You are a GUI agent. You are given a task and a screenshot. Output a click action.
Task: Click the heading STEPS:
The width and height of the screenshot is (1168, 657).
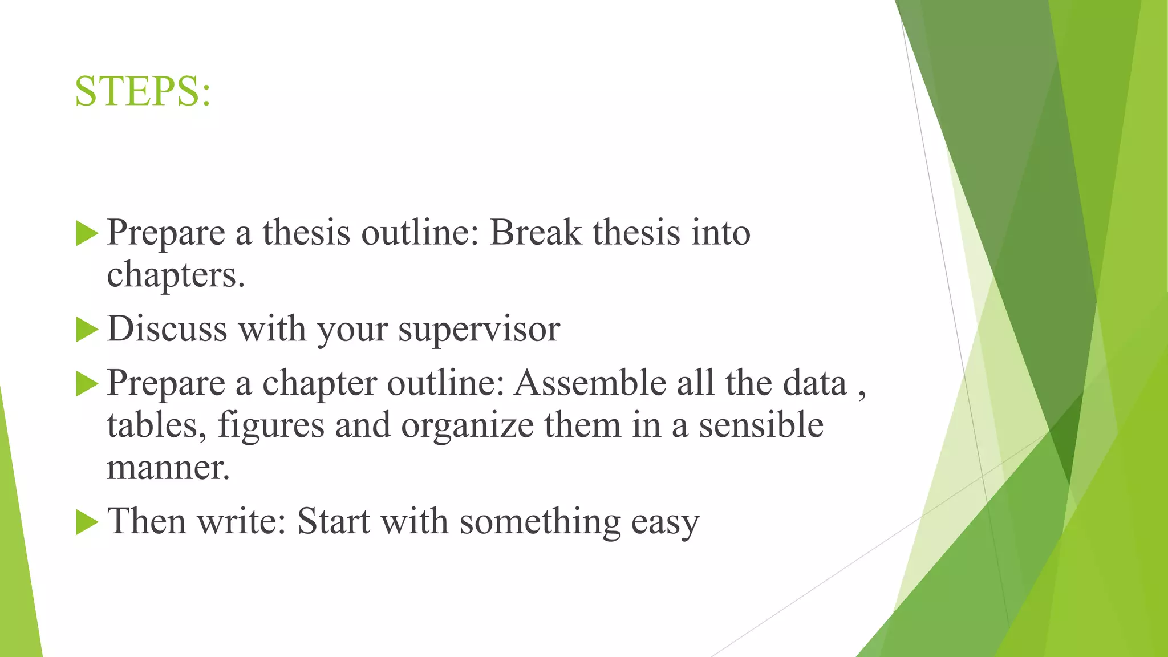(143, 91)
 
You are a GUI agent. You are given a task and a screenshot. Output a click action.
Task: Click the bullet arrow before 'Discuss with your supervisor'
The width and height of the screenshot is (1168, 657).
(87, 330)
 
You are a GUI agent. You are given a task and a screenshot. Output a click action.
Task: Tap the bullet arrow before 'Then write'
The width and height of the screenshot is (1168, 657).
(87, 522)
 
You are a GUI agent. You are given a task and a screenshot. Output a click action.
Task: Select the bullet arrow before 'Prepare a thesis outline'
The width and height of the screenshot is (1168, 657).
(87, 234)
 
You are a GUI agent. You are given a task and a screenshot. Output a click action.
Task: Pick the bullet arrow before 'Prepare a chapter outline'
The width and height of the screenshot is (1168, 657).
(87, 384)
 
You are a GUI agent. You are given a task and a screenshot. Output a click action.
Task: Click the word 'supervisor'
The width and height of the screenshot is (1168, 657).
(479, 330)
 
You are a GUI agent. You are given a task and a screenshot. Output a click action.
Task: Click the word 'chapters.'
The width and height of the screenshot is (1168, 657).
(176, 275)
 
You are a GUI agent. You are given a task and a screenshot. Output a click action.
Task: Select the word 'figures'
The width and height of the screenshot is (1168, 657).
(271, 426)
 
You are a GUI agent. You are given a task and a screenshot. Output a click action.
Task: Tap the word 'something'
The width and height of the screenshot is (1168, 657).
(540, 522)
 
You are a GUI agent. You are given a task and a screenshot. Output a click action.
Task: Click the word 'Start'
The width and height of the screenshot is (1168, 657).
(334, 521)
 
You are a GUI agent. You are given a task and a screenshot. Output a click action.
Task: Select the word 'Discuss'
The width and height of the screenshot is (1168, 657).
(167, 329)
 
